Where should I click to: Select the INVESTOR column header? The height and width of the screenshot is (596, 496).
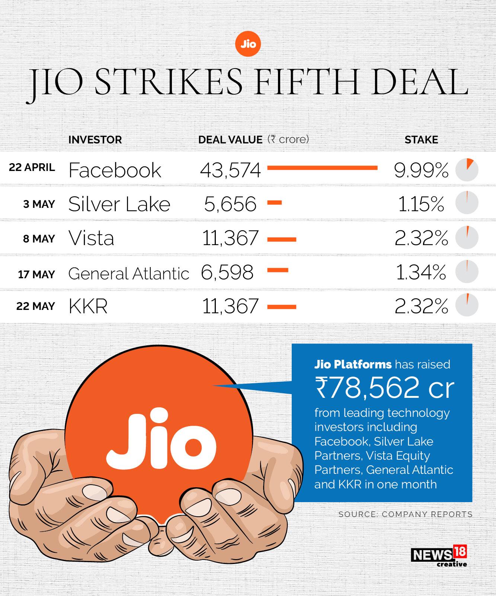coord(95,140)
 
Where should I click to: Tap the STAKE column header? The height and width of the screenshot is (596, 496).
coord(421,140)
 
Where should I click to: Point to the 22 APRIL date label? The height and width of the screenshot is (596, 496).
coord(32,168)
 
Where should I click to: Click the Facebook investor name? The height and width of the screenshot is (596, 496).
coord(115,170)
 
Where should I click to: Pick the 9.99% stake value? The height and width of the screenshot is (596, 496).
coord(421,170)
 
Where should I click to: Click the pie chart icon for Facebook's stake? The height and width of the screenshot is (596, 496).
coord(467,170)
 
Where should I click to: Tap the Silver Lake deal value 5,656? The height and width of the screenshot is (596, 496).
coord(230,204)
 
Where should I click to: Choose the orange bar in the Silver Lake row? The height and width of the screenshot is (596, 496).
coord(275,203)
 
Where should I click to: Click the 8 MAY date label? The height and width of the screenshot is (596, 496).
coord(39,239)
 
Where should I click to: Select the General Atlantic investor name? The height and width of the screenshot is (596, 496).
coord(129,274)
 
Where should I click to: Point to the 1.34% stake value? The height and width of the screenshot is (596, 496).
coord(421,273)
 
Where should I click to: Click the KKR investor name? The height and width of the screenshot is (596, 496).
coord(88,307)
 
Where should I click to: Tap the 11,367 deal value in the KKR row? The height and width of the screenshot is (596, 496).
coord(230,307)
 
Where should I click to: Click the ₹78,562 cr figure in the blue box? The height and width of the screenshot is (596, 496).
coord(384,387)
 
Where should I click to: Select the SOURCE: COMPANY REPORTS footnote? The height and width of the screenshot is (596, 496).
coord(405,514)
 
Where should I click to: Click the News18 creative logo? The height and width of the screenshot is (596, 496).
coord(439,556)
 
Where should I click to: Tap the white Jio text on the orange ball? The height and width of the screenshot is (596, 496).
coord(161,440)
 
